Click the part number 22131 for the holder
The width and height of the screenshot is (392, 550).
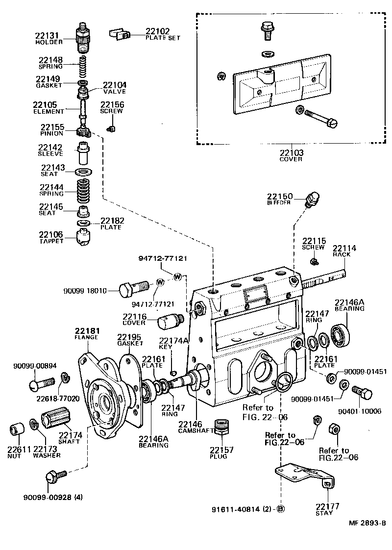pos(47,35)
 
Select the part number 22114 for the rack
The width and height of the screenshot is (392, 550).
pos(344,249)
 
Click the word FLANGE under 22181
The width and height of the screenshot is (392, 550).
pos(86,337)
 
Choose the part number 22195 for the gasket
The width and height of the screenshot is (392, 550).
pos(129,337)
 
